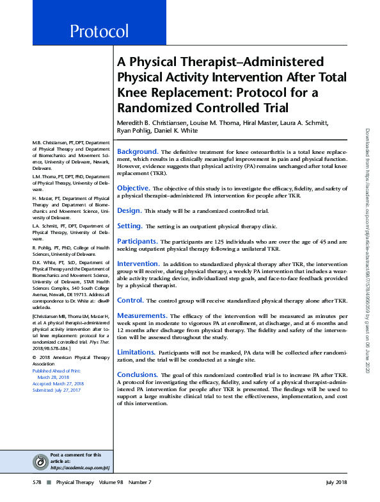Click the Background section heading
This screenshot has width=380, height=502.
pyautogui.click(x=137, y=151)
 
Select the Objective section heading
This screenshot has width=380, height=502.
pyautogui.click(x=133, y=188)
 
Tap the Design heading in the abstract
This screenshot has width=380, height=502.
pyautogui.click(x=129, y=210)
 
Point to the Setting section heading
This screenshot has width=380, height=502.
pyautogui.click(x=129, y=226)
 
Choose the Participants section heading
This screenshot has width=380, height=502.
pyautogui.click(x=137, y=241)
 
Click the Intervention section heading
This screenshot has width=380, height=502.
pyautogui.click(x=138, y=264)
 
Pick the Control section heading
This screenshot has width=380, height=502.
pyautogui.click(x=130, y=300)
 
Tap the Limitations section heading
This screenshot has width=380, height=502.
pyautogui.click(x=137, y=352)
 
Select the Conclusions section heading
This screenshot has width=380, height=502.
pyautogui.click(x=138, y=374)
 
